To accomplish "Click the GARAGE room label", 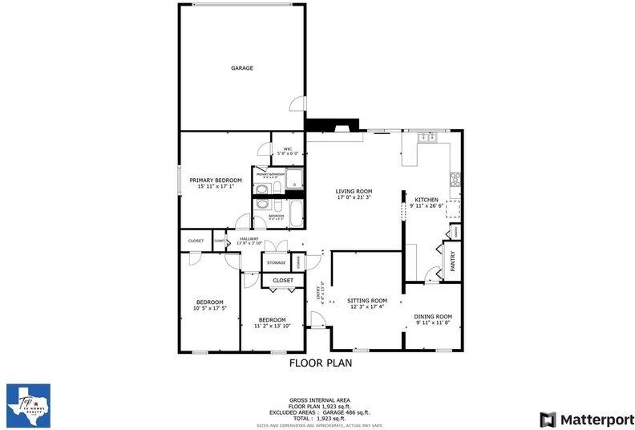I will click(242, 68).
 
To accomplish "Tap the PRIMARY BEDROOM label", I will click(216, 181).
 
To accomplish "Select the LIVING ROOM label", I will click(354, 191).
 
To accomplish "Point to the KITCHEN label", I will click(427, 199).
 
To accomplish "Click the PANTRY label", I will click(452, 262).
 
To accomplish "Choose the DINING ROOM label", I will click(433, 317).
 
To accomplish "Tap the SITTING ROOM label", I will click(367, 300).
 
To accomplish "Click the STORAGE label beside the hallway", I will click(277, 262).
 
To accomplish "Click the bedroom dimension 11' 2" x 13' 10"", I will click(272, 326).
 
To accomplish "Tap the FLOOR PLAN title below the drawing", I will click(320, 363).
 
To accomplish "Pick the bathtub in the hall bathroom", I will click(294, 215).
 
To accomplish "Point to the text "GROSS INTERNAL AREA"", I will click(320, 400).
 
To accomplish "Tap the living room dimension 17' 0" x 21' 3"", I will click(354, 198).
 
